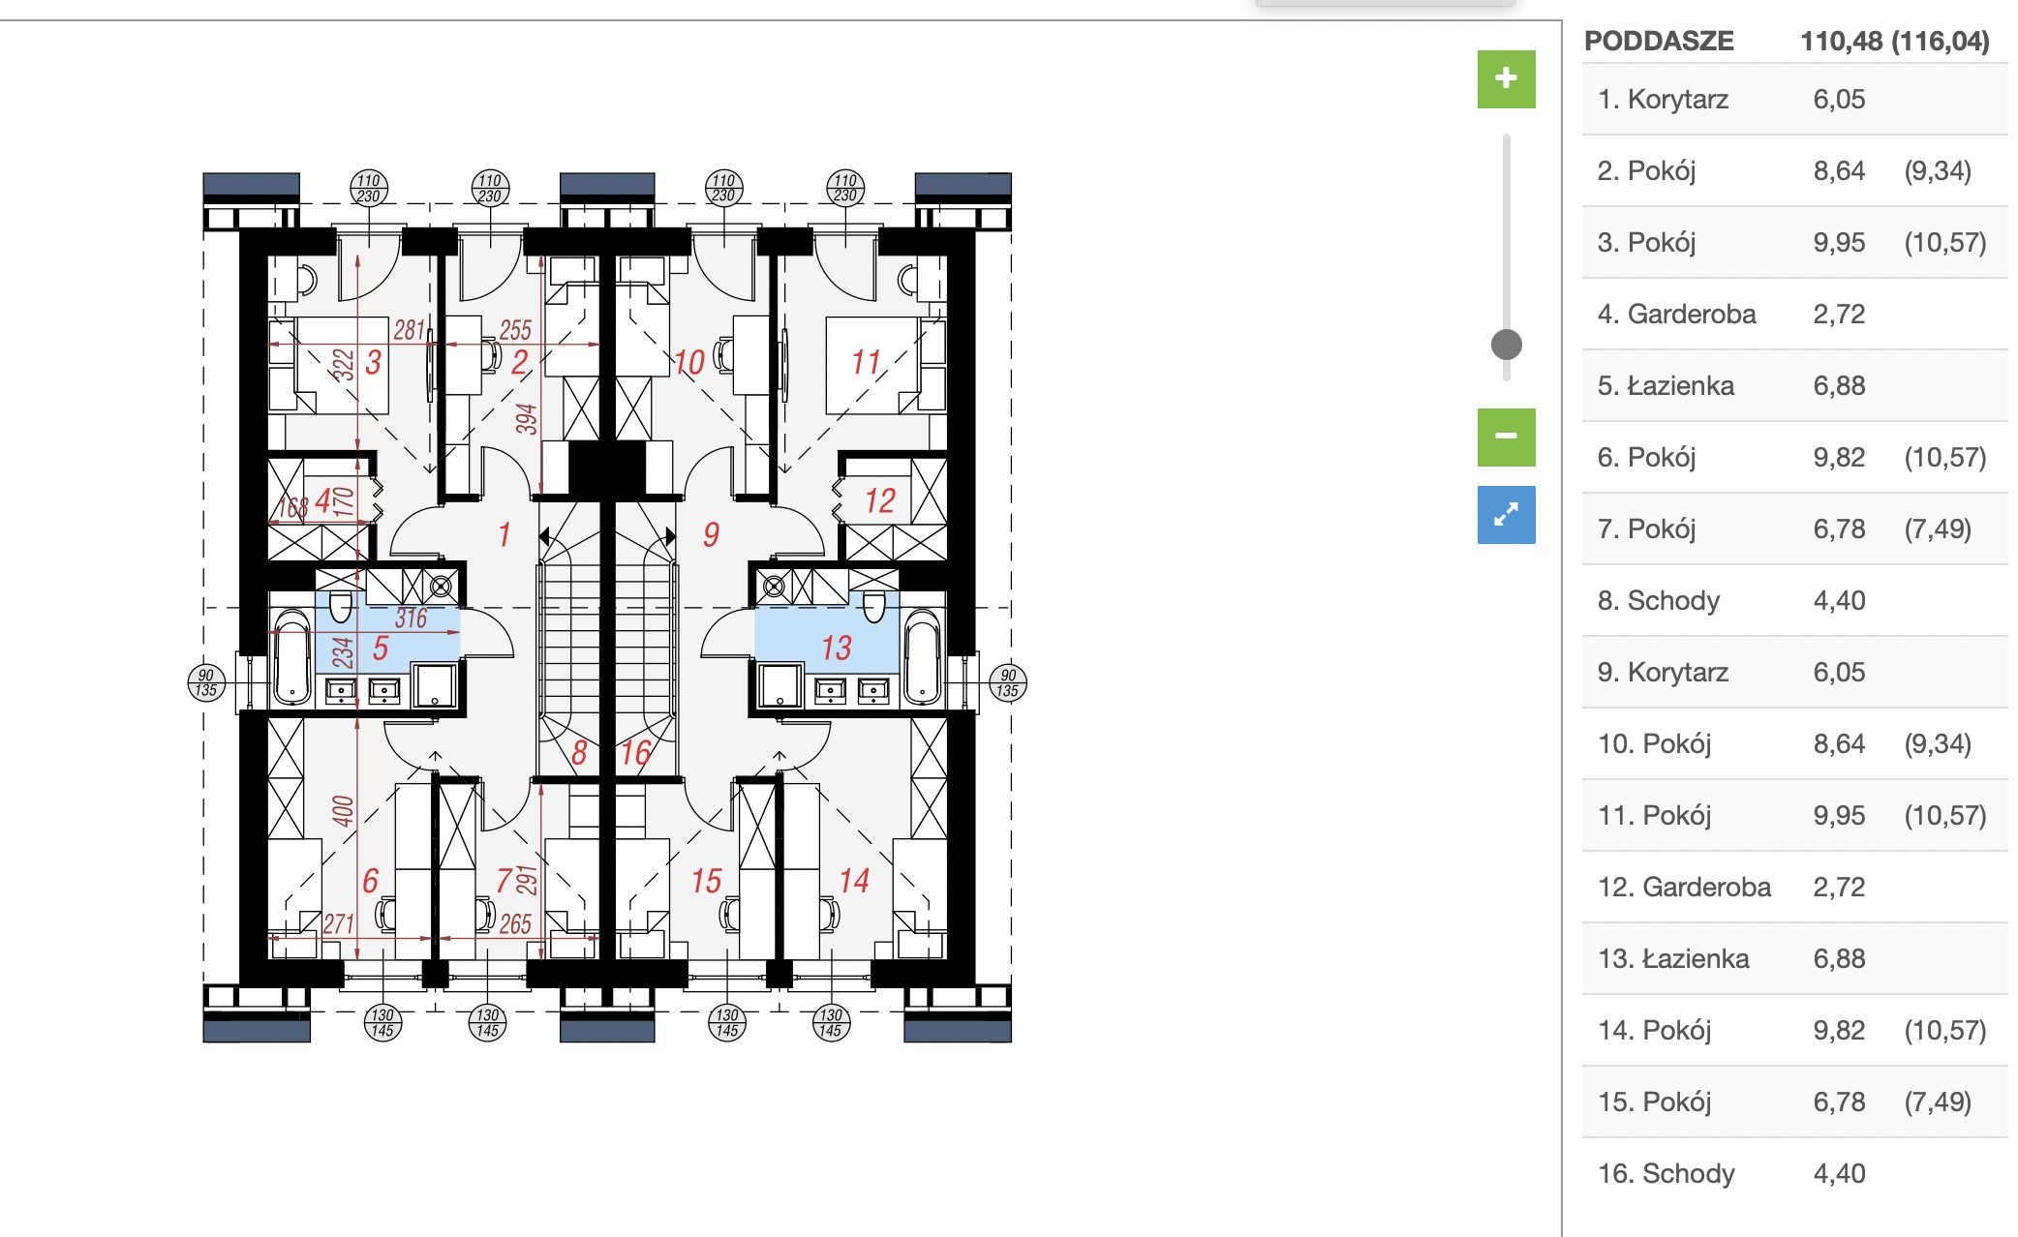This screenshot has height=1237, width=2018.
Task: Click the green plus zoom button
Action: pyautogui.click(x=1506, y=78)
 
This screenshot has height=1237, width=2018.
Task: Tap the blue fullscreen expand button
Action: pyautogui.click(x=1506, y=514)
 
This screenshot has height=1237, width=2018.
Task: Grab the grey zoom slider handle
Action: pyautogui.click(x=1506, y=344)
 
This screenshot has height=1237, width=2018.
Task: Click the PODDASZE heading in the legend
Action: pyautogui.click(x=1659, y=41)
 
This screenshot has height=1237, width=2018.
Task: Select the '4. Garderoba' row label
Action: pyautogui.click(x=1676, y=314)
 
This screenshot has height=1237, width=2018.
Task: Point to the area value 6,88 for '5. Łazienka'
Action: pyautogui.click(x=1839, y=385)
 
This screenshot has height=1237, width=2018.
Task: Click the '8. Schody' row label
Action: pyautogui.click(x=1659, y=600)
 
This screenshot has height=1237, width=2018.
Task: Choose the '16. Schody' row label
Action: pyautogui.click(x=1666, y=1173)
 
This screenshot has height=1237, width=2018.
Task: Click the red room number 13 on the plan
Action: pyautogui.click(x=836, y=648)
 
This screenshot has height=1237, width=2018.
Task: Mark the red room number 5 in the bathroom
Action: pyautogui.click(x=381, y=648)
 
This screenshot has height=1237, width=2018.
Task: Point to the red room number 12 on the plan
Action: pyautogui.click(x=879, y=500)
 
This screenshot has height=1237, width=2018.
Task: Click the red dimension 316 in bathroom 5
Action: pyautogui.click(x=412, y=618)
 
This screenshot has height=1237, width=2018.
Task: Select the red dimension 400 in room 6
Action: pyautogui.click(x=343, y=810)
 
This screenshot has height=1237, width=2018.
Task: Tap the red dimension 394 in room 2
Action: pyautogui.click(x=526, y=418)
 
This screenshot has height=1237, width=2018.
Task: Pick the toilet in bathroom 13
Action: pyautogui.click(x=874, y=606)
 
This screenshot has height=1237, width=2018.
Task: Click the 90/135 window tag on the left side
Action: pyautogui.click(x=206, y=682)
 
